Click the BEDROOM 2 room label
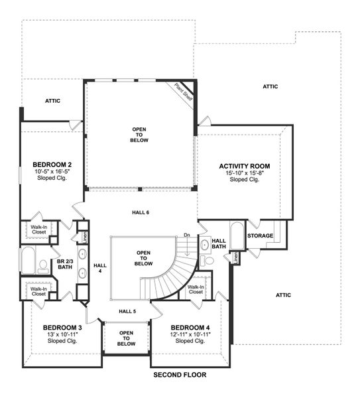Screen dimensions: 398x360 click(x=52, y=165)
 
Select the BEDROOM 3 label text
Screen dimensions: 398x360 click(x=62, y=328)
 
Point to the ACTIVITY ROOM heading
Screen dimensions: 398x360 click(x=245, y=166)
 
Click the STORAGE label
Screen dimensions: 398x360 click(x=260, y=235)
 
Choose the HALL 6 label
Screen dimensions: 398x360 click(x=140, y=212)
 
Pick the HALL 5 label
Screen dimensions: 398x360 click(x=127, y=310)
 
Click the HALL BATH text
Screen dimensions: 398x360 click(x=218, y=243)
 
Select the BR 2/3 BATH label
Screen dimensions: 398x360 click(x=65, y=266)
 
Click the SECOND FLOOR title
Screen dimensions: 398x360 click(x=180, y=375)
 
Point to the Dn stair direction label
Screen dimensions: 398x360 click(x=188, y=234)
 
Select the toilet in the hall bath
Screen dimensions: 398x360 click(x=206, y=260)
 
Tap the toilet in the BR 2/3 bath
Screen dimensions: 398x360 click(x=44, y=266)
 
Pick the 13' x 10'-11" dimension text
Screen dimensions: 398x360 click(x=62, y=335)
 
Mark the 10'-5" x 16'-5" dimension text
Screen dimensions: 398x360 click(x=52, y=172)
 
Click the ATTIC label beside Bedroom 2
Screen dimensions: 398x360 click(x=52, y=101)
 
